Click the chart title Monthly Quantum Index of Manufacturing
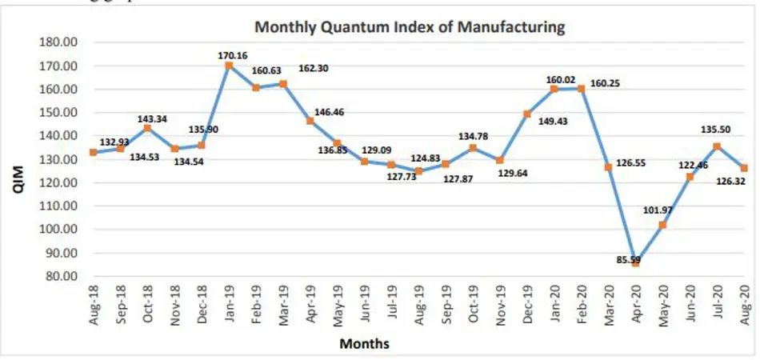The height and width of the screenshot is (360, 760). tap(410, 26)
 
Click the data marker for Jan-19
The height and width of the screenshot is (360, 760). tap(229, 65)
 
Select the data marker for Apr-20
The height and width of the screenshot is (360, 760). tap(635, 262)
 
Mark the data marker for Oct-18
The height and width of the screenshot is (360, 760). tap(147, 128)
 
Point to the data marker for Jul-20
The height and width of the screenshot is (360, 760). tap(717, 146)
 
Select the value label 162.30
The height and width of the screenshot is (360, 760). tap(314, 68)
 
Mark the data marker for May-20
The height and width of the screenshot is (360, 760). tap(662, 225)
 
